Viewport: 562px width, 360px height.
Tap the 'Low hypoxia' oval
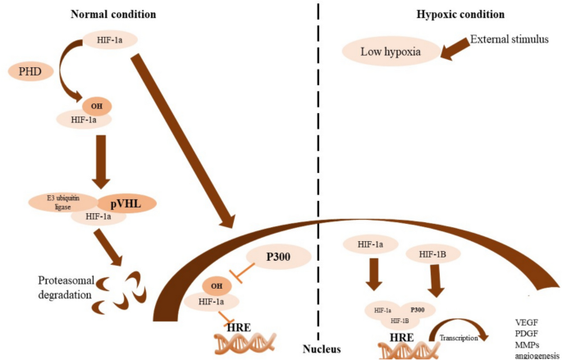(x=391, y=53)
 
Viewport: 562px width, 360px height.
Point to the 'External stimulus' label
(x=509, y=39)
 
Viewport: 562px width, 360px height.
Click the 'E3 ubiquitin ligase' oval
(x=62, y=202)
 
